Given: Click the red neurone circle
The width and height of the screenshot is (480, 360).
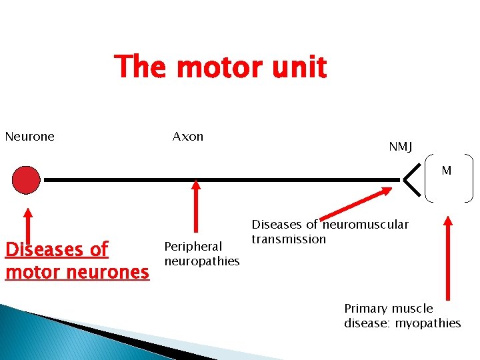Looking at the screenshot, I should click(27, 179).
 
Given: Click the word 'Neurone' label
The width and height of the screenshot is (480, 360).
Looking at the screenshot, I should click(29, 137).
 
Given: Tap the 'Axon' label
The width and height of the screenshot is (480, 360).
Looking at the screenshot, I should click(188, 137).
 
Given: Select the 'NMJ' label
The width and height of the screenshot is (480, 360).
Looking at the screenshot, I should click(401, 147).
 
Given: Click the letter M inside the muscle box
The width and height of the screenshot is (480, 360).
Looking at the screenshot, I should click(446, 171).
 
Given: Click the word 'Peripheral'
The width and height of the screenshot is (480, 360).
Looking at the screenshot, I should click(193, 247).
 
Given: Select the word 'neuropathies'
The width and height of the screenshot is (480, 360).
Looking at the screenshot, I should click(201, 261).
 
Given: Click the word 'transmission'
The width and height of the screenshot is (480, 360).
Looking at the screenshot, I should click(289, 239).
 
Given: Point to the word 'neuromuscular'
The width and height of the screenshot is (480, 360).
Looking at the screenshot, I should click(365, 225).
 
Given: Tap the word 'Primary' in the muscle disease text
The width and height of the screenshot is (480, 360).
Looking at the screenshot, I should click(365, 309).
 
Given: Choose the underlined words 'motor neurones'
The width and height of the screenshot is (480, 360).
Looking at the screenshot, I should click(77, 272).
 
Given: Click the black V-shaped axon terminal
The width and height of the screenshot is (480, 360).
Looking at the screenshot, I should click(413, 179).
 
